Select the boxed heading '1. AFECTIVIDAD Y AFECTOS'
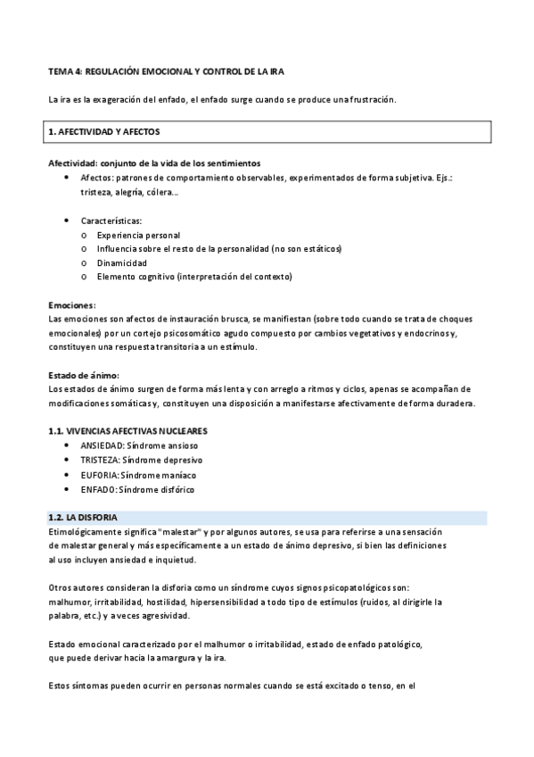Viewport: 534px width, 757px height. click(x=103, y=131)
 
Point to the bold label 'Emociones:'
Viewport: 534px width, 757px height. click(x=71, y=304)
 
